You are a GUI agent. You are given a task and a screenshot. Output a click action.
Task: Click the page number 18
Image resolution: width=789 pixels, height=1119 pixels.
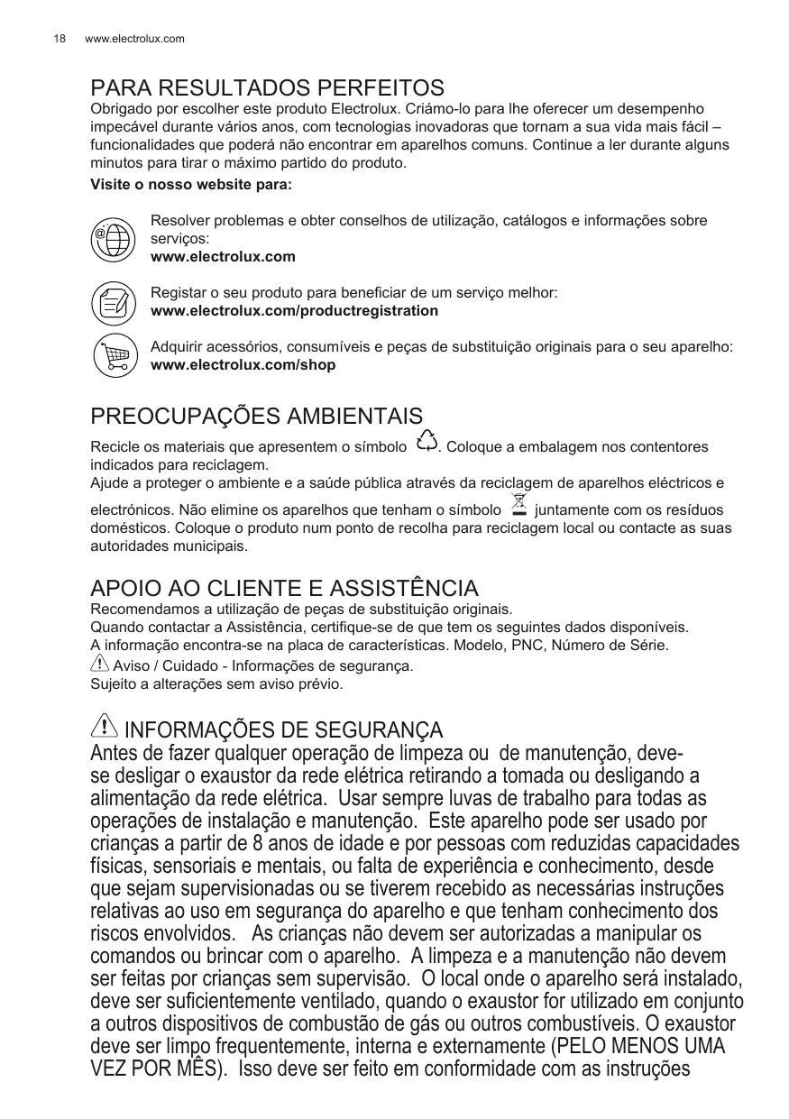pos(59,39)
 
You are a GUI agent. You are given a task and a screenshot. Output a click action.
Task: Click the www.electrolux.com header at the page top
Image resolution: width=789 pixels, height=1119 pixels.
pos(134,39)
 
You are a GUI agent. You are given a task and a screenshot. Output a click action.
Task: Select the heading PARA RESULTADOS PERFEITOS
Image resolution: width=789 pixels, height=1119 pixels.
pos(267,88)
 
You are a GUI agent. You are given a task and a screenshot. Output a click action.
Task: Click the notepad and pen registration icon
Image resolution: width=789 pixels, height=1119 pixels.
pos(115,302)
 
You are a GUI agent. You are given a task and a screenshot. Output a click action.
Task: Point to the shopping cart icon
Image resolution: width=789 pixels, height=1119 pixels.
pos(115,356)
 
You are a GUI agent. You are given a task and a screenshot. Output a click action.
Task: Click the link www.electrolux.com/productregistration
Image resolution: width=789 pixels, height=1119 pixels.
pos(294,311)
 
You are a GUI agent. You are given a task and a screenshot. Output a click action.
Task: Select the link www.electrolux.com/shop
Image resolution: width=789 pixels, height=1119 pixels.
pos(243,365)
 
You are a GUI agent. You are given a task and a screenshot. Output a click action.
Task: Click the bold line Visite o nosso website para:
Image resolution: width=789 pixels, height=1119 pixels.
pos(191,185)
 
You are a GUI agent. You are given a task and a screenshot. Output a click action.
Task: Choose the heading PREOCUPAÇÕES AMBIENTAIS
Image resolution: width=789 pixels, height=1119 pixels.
pos(256,417)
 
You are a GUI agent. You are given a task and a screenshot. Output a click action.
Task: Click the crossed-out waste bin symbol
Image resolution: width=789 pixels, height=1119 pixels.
pos(518,505)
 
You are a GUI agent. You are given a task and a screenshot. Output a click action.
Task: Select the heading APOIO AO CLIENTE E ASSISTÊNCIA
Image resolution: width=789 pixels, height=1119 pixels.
pos(284,589)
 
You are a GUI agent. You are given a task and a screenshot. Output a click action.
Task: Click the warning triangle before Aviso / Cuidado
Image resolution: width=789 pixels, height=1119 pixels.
pos(100,665)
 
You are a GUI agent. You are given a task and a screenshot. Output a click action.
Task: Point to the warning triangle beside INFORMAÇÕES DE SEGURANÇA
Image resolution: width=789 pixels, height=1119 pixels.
pos(105,725)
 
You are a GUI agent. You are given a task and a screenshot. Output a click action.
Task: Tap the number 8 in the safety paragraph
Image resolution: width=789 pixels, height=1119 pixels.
pos(259,844)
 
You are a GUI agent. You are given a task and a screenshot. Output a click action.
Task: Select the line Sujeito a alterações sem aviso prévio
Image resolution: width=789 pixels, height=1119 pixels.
pos(216,684)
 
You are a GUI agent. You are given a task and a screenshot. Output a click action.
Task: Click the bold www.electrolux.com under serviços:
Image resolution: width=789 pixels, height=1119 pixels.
pos(223,257)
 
